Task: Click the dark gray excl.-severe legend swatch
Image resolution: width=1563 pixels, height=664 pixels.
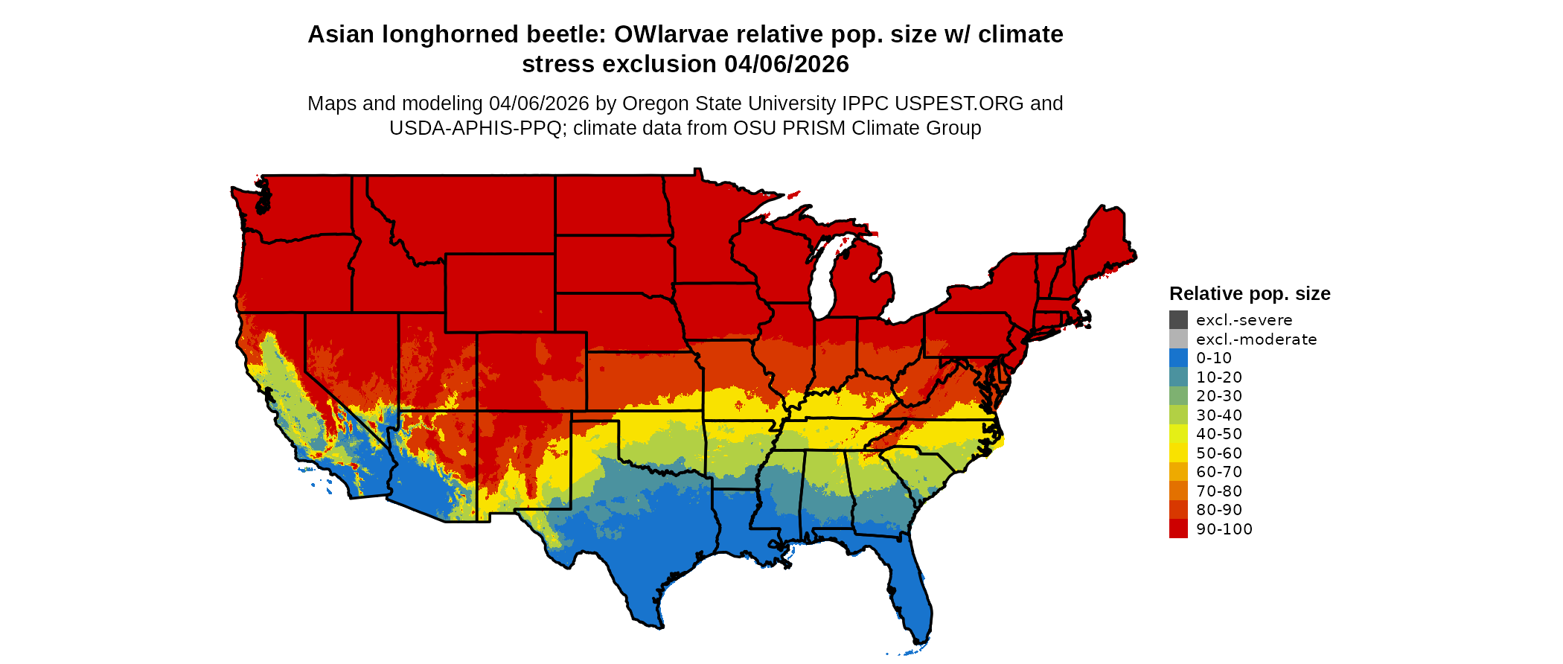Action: coord(1178,320)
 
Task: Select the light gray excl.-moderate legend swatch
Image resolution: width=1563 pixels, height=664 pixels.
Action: coord(1178,339)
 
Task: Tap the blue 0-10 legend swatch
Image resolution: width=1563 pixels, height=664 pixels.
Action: coord(1178,358)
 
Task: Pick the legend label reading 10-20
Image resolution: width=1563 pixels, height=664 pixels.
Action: coord(1219,377)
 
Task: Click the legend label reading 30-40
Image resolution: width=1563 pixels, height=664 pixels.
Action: coord(1219,415)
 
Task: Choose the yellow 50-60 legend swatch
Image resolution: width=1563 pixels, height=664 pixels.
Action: coord(1178,453)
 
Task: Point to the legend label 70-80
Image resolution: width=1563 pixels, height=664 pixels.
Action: coord(1219,491)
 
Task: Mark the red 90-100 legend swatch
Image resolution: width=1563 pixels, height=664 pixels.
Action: coord(1178,529)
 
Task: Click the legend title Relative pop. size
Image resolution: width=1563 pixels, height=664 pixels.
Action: coord(1250,294)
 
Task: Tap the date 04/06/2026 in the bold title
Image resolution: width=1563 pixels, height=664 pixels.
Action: coord(787,65)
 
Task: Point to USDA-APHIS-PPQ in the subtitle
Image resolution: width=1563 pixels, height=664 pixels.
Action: coord(476,128)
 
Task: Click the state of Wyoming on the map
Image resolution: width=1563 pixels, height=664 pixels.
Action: coord(499,293)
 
